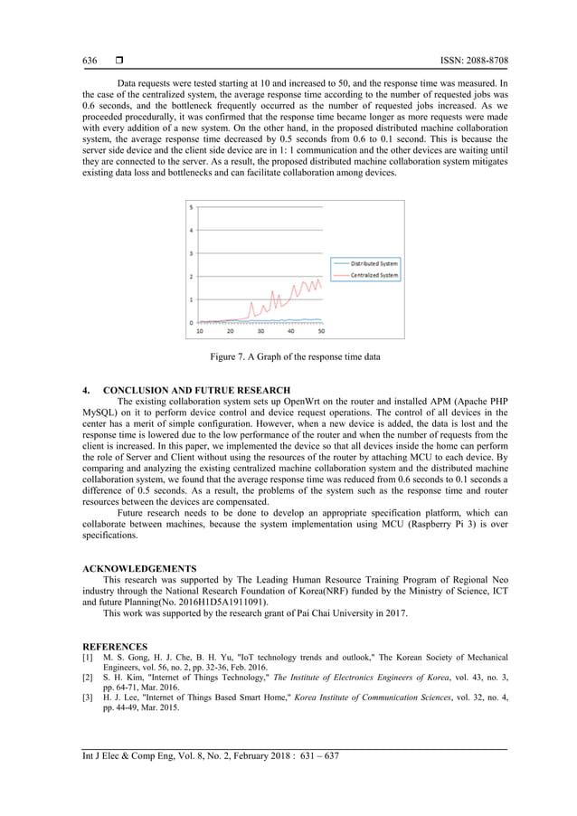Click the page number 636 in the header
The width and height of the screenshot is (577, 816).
(x=90, y=61)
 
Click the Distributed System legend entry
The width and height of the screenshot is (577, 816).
(x=374, y=263)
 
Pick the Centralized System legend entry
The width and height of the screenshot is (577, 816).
(x=374, y=275)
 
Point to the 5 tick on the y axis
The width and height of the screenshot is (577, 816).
(x=190, y=207)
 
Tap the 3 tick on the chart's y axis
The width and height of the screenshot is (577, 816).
(x=190, y=253)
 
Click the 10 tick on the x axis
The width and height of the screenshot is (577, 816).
(x=201, y=331)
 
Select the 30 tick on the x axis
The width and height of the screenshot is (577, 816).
(x=260, y=331)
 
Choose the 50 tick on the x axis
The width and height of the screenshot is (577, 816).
(x=321, y=331)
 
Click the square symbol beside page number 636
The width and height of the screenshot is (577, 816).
(x=118, y=61)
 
